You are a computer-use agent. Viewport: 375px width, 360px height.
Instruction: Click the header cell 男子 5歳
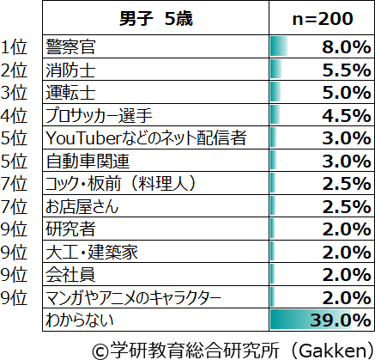(156, 19)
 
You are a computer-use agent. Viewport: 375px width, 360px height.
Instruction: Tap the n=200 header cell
(323, 19)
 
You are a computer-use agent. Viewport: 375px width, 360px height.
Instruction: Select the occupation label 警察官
(70, 46)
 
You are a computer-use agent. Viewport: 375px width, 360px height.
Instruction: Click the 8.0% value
(347, 47)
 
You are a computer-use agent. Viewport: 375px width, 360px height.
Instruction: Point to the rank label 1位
(14, 47)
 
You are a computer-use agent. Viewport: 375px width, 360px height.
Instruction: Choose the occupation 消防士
(70, 70)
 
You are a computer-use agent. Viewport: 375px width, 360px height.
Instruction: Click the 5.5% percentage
(347, 70)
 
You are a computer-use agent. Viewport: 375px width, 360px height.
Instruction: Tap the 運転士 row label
(70, 93)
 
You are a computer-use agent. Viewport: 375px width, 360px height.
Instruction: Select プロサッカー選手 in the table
(99, 115)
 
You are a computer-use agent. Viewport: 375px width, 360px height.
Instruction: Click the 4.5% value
(347, 116)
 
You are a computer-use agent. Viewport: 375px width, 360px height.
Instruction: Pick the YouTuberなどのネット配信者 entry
(146, 138)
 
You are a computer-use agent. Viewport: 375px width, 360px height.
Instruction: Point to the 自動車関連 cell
(88, 161)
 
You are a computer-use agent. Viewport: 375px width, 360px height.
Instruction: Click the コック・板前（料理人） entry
(121, 184)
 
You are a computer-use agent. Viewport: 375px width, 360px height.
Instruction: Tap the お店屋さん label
(82, 206)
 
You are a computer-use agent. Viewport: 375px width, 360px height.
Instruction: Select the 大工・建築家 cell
(92, 252)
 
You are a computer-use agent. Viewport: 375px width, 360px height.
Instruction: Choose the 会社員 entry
(70, 275)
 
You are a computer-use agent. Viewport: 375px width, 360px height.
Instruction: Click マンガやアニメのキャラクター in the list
(133, 298)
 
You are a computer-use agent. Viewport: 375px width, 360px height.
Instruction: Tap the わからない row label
(80, 320)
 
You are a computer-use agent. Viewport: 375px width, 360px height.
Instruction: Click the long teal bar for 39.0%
(311, 320)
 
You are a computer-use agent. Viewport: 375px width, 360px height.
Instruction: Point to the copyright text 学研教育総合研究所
(194, 350)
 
